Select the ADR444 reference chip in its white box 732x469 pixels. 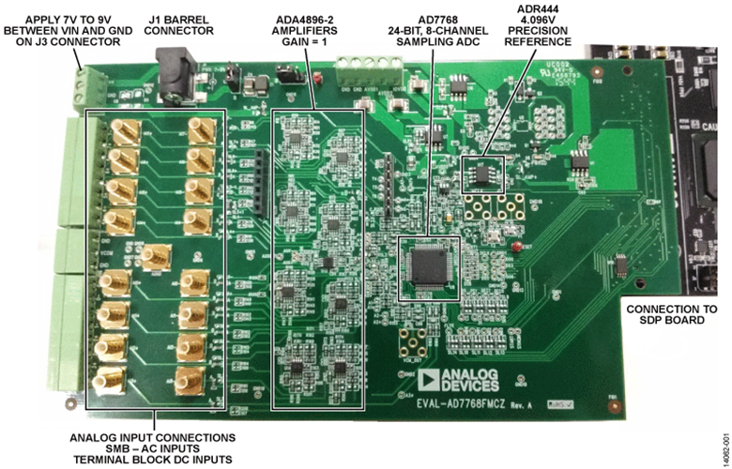[x=484, y=173]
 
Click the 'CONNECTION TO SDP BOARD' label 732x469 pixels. [x=672, y=316]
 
